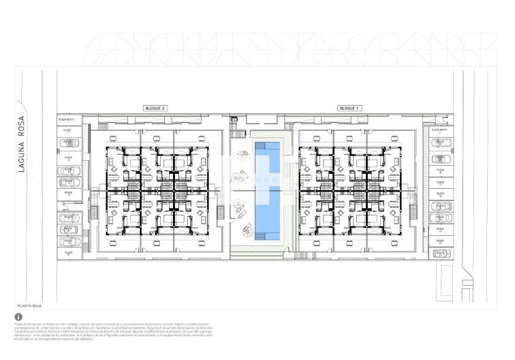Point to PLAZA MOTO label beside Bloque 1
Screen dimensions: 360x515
tap(439, 130)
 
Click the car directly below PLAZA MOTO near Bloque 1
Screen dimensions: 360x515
tap(440, 142)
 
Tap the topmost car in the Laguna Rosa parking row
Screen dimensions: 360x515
tap(67, 142)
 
